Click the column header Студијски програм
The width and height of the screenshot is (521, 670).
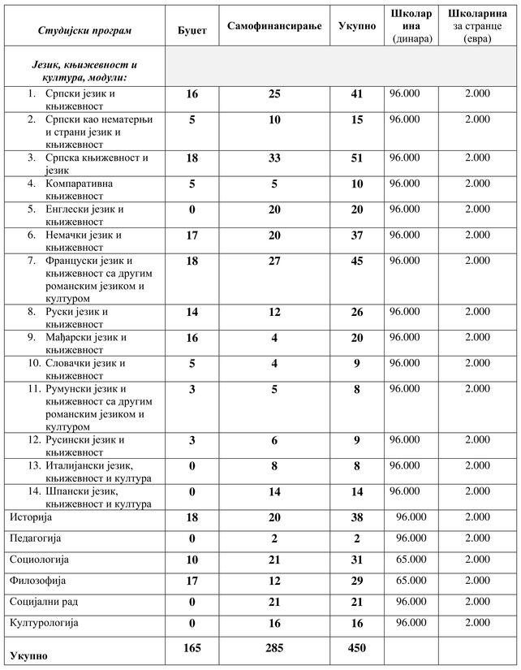coord(84,30)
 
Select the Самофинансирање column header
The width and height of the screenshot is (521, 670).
coord(274,26)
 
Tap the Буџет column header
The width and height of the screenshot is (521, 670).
coord(192,30)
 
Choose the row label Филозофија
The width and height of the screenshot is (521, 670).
coord(37,581)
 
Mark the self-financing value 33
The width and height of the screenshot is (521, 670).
coord(274,159)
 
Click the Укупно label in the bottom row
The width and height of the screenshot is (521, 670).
coord(28,654)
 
